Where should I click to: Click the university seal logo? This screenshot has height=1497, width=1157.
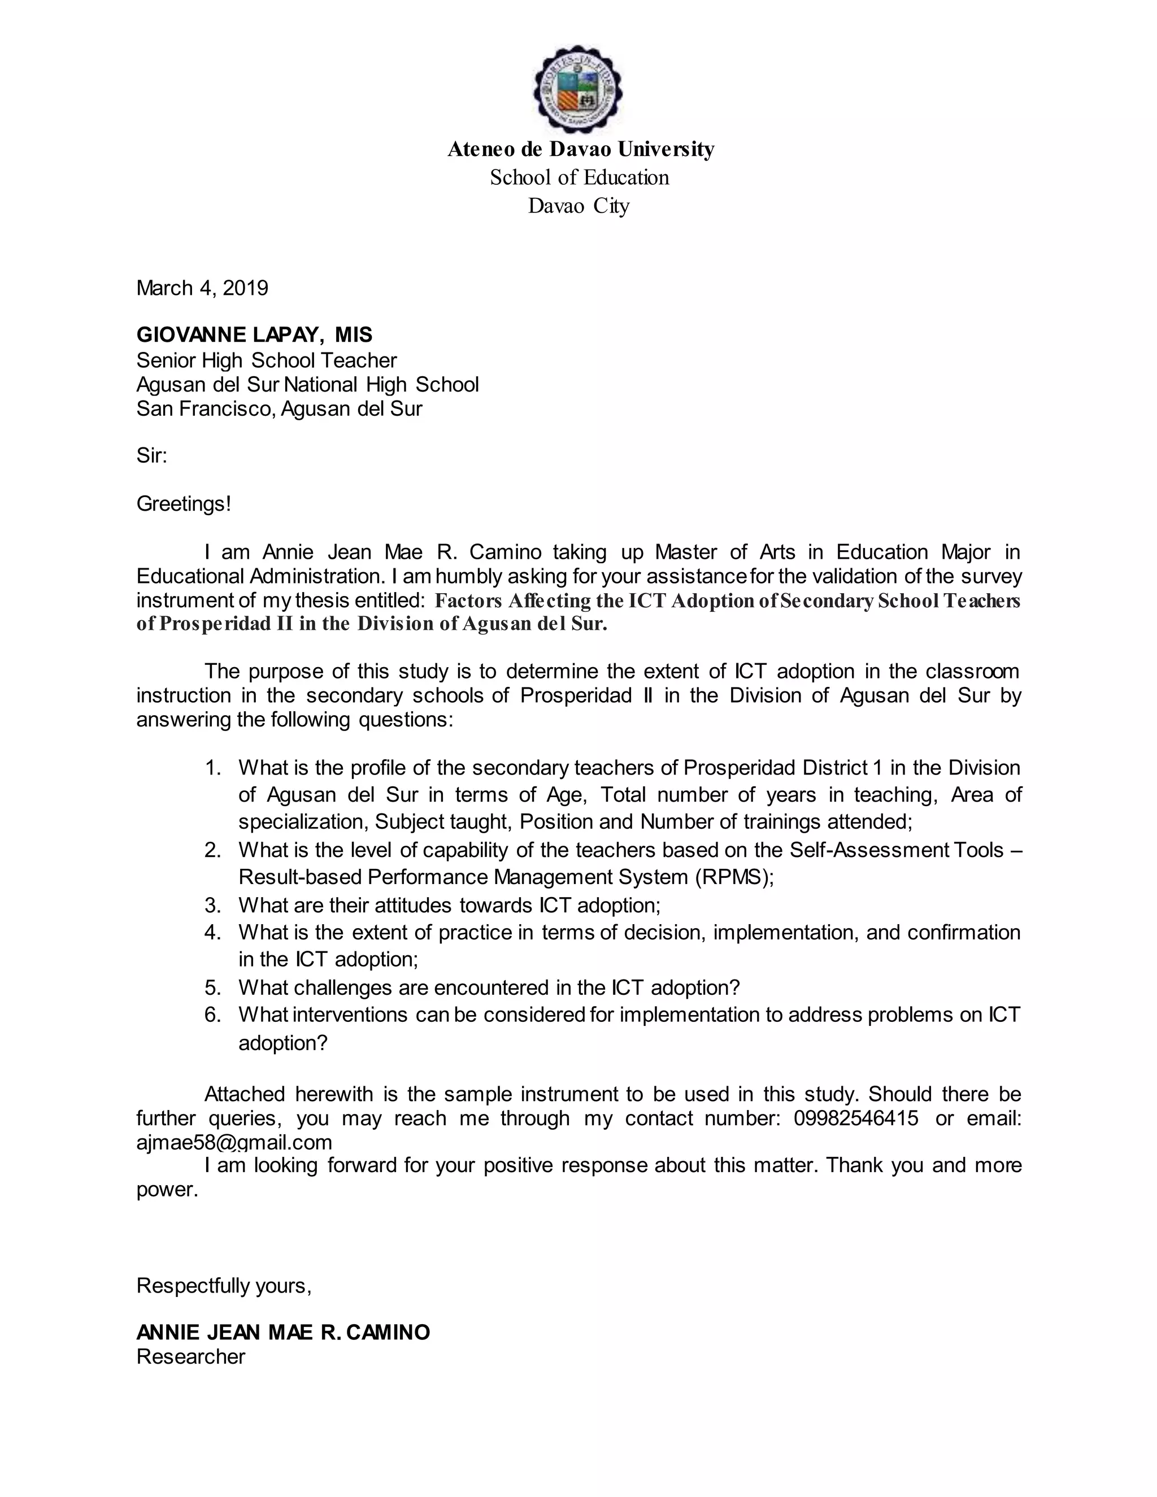(x=578, y=90)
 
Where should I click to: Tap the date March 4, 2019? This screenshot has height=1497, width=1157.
(x=202, y=288)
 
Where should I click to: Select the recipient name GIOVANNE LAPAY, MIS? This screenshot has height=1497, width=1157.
(x=254, y=334)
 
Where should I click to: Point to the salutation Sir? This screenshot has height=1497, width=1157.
(x=151, y=456)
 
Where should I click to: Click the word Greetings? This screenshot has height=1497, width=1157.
(x=184, y=504)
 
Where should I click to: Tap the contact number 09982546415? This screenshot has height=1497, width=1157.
(x=855, y=1119)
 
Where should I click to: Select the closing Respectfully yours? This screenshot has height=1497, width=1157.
(x=224, y=1286)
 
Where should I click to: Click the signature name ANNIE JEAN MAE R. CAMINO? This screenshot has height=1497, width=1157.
(x=283, y=1333)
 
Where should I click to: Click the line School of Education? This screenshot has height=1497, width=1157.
(x=579, y=177)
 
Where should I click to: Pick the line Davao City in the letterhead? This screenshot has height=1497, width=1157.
(x=578, y=206)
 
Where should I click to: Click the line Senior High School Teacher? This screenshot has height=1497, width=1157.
(x=267, y=360)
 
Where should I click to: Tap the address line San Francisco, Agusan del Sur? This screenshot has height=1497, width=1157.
(x=279, y=409)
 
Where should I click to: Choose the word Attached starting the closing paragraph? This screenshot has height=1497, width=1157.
(x=245, y=1094)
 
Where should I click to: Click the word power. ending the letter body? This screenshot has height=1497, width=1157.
(x=167, y=1189)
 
